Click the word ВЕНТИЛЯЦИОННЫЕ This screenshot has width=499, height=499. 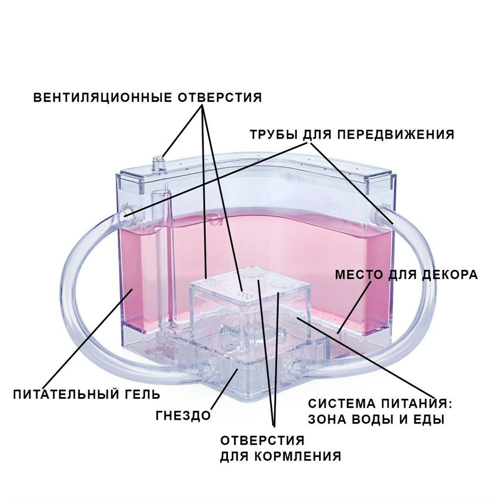coord(103,97)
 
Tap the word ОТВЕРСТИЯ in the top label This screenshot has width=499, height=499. coord(220,97)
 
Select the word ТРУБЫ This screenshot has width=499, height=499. coord(272,135)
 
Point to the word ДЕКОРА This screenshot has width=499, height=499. coord(447,274)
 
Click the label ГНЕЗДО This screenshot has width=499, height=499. coord(183,415)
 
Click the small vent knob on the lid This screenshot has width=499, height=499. coord(159,163)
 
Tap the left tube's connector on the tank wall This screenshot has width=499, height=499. coord(125,210)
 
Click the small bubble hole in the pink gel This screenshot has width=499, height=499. coord(214,218)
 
